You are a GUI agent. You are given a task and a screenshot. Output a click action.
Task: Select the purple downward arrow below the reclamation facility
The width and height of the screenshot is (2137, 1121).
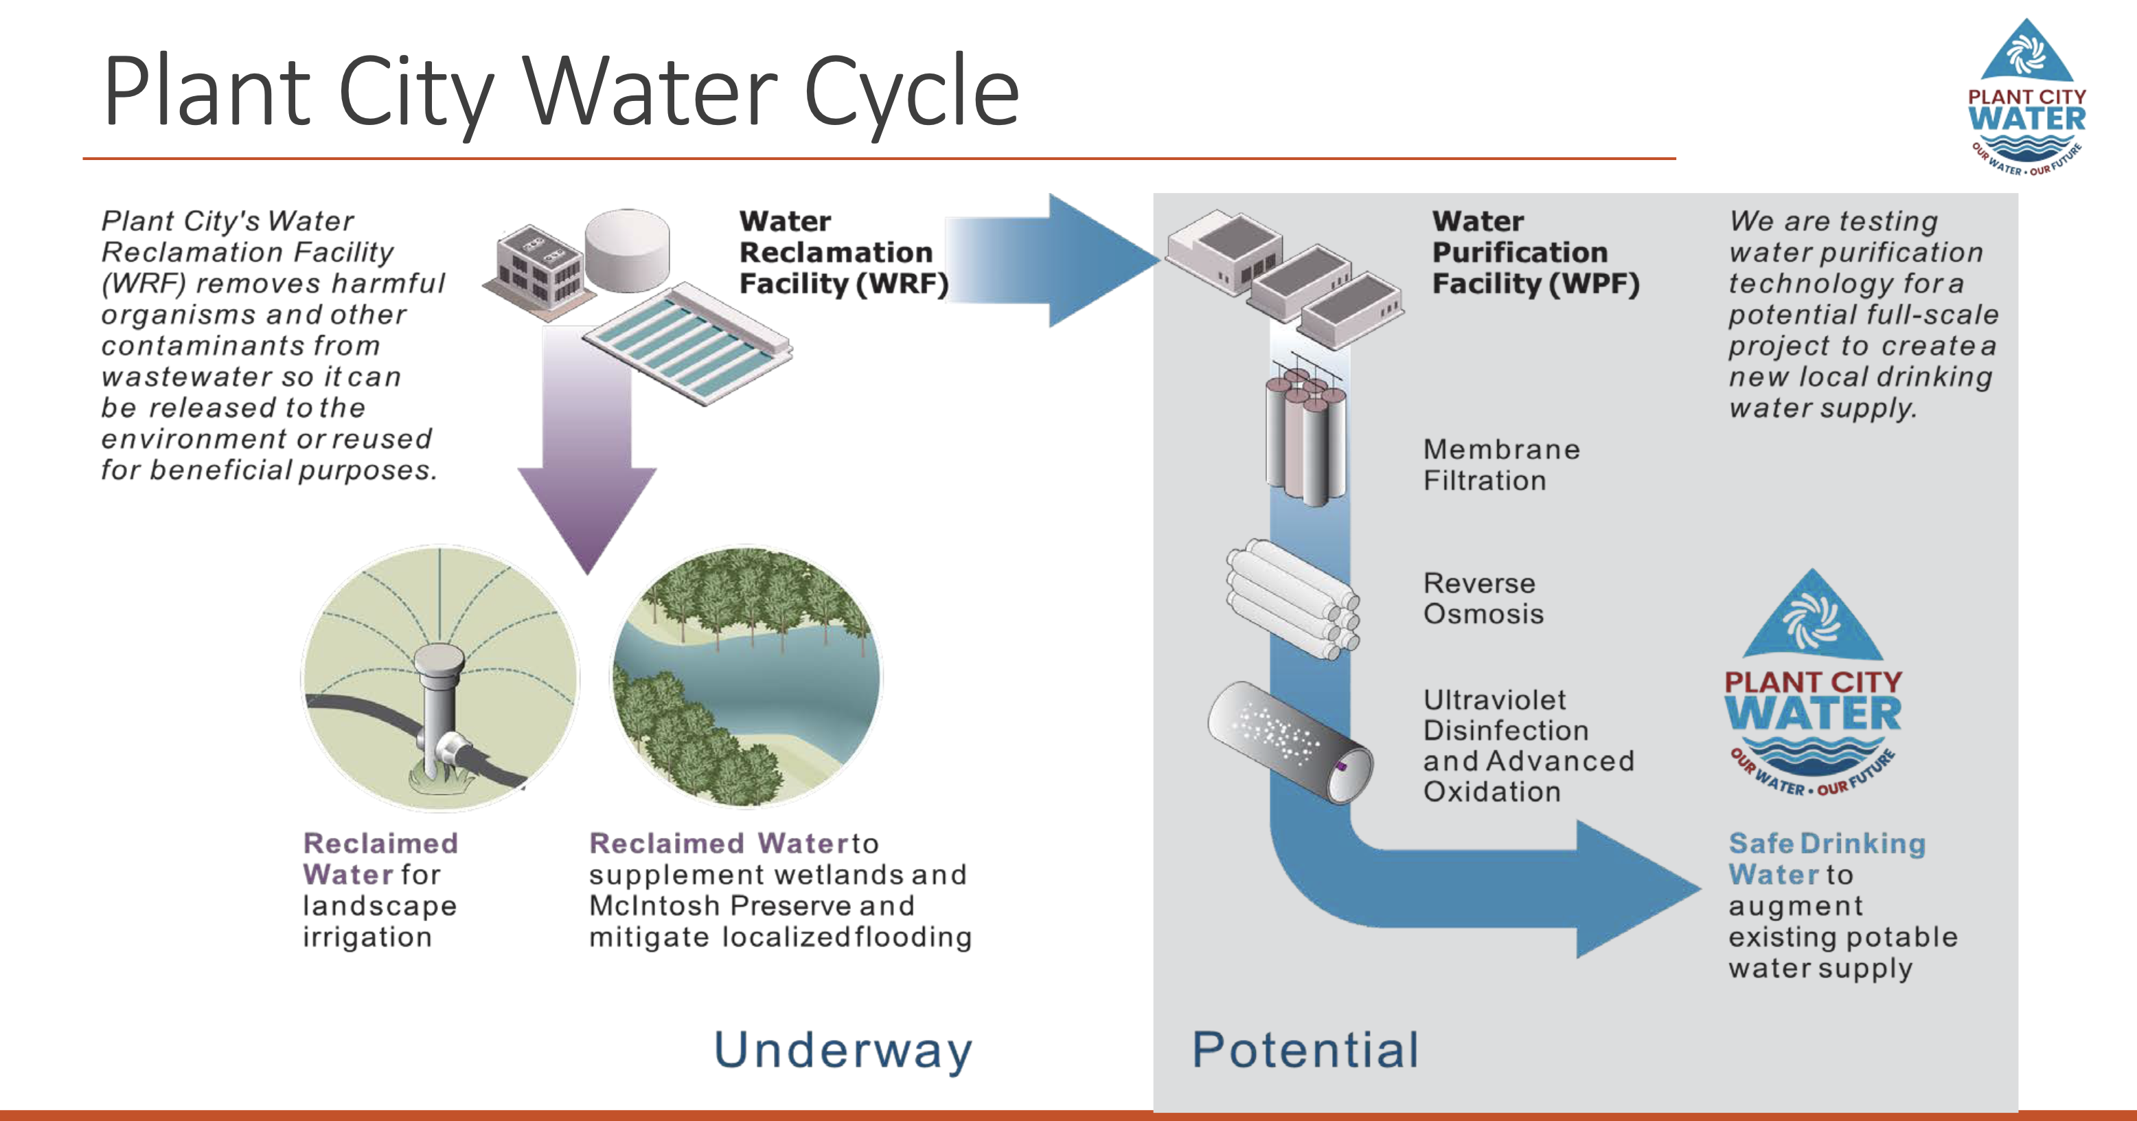tap(587, 464)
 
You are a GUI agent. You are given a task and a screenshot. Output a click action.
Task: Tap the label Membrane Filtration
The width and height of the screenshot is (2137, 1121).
tap(1500, 464)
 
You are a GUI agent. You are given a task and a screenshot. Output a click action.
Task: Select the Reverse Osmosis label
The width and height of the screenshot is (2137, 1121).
tap(1483, 598)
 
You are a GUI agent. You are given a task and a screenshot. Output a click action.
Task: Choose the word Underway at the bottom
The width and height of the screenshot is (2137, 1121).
tap(842, 1050)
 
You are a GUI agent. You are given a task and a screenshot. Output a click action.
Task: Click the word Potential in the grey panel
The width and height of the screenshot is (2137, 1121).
tap(1305, 1050)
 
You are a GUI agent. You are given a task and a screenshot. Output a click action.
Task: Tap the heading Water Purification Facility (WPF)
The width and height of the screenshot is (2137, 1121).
tap(1535, 252)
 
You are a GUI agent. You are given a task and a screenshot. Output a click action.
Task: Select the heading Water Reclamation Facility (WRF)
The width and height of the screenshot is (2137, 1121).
tap(843, 252)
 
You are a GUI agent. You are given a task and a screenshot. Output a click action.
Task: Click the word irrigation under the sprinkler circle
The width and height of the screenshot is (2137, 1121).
tap(367, 937)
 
